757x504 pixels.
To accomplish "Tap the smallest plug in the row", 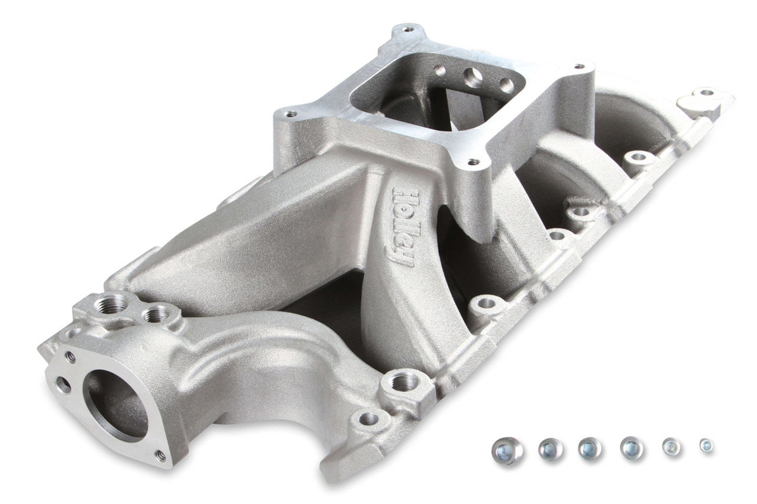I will tap(706, 446).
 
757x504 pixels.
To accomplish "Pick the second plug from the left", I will tap(551, 450).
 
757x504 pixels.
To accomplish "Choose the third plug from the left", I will tap(590, 448).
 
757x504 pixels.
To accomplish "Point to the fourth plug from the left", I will tap(632, 448).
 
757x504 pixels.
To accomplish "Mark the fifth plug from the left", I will tap(671, 447).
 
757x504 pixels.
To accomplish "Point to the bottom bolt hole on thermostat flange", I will tap(159, 454).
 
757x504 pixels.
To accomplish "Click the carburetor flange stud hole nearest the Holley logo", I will tap(471, 161).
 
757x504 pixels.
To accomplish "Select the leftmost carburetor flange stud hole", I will tap(290, 113).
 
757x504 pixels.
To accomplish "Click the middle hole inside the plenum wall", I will tap(473, 77).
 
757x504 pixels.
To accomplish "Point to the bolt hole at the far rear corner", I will tap(706, 93).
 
